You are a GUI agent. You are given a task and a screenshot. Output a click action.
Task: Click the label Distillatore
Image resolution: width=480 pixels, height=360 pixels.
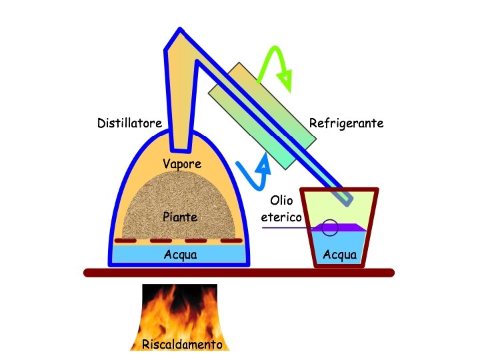pyautogui.click(x=129, y=123)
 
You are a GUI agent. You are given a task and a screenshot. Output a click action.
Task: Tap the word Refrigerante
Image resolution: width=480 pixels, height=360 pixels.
pyautogui.click(x=346, y=123)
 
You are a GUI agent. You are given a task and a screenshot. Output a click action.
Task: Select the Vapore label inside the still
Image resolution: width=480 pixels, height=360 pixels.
pyautogui.click(x=182, y=164)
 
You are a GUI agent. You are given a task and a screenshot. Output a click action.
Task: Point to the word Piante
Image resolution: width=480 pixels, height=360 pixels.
pyautogui.click(x=180, y=217)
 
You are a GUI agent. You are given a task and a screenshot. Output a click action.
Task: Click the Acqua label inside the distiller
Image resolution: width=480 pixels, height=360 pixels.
pyautogui.click(x=180, y=255)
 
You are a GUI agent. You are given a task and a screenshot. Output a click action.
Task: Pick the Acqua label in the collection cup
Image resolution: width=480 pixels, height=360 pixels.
pyautogui.click(x=339, y=255)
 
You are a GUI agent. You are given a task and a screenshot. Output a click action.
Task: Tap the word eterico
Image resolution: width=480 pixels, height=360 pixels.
pyautogui.click(x=281, y=217)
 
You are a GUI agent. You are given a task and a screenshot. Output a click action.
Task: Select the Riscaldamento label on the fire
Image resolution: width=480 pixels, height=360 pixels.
pyautogui.click(x=181, y=345)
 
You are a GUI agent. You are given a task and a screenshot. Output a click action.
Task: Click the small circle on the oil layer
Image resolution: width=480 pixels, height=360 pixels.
pyautogui.click(x=330, y=227)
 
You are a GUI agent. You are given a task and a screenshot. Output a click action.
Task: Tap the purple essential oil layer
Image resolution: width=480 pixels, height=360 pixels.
pyautogui.click(x=350, y=228)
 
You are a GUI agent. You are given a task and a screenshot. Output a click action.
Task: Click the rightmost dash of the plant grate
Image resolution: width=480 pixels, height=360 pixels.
pyautogui.click(x=231, y=240)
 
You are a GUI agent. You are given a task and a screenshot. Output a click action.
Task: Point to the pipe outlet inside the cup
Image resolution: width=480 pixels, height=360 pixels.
pyautogui.click(x=348, y=197)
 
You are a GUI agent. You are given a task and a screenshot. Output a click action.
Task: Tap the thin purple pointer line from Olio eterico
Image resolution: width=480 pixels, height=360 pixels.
pyautogui.click(x=287, y=228)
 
